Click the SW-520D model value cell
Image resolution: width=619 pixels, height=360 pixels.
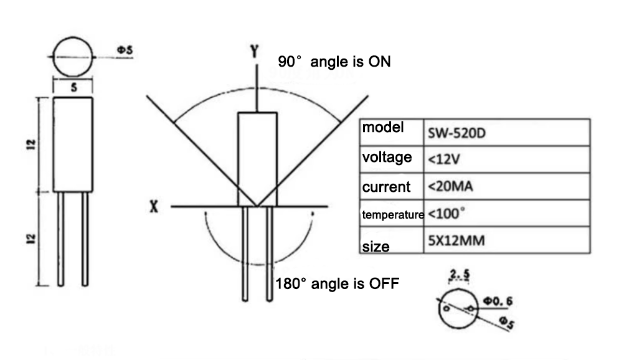coord(456,133)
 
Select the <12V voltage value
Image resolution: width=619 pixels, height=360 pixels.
coord(444,159)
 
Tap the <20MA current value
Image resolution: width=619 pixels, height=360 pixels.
coord(450,186)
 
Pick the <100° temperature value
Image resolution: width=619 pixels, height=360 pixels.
coord(446,214)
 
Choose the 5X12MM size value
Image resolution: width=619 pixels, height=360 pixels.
coord(456,240)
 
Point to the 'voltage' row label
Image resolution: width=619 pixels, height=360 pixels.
coord(387,157)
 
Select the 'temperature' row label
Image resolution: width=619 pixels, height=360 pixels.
coord(393,215)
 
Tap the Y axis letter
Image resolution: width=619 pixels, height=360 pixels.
coord(255,51)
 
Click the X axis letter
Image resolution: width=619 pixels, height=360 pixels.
coord(154,206)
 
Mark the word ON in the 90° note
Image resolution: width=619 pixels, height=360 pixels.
coord(379,62)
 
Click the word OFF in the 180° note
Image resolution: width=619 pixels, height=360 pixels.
coord(384,283)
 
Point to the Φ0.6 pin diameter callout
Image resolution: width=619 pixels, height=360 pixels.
coord(498,301)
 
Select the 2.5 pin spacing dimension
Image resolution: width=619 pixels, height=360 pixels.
coord(460,273)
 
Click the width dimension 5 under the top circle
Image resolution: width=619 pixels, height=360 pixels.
coord(74,88)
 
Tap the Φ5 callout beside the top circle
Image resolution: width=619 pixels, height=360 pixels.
coord(125,50)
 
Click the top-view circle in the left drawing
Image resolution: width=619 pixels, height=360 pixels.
coord(73,37)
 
